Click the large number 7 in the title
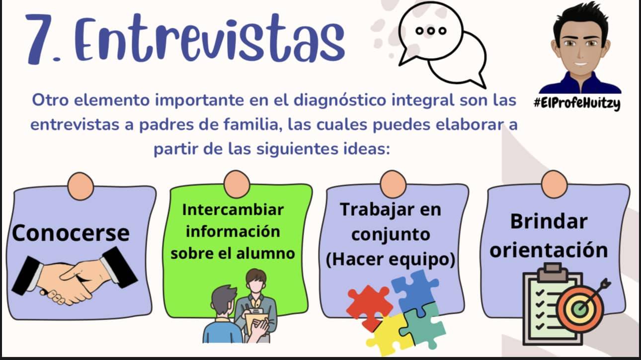[x=42, y=39]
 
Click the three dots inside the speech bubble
[x=431, y=31]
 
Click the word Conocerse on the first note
[x=71, y=233]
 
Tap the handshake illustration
[x=75, y=276]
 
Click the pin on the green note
[x=237, y=184]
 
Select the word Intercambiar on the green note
[x=233, y=210]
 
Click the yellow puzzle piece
[x=389, y=335]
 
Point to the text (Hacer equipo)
[x=391, y=260]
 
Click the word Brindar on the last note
[x=549, y=222]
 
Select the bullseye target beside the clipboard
[x=581, y=308]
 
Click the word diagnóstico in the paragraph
[x=340, y=101]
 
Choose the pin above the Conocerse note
[x=80, y=186]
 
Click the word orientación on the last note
[x=549, y=250]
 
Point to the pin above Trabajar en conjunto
[x=393, y=184]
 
